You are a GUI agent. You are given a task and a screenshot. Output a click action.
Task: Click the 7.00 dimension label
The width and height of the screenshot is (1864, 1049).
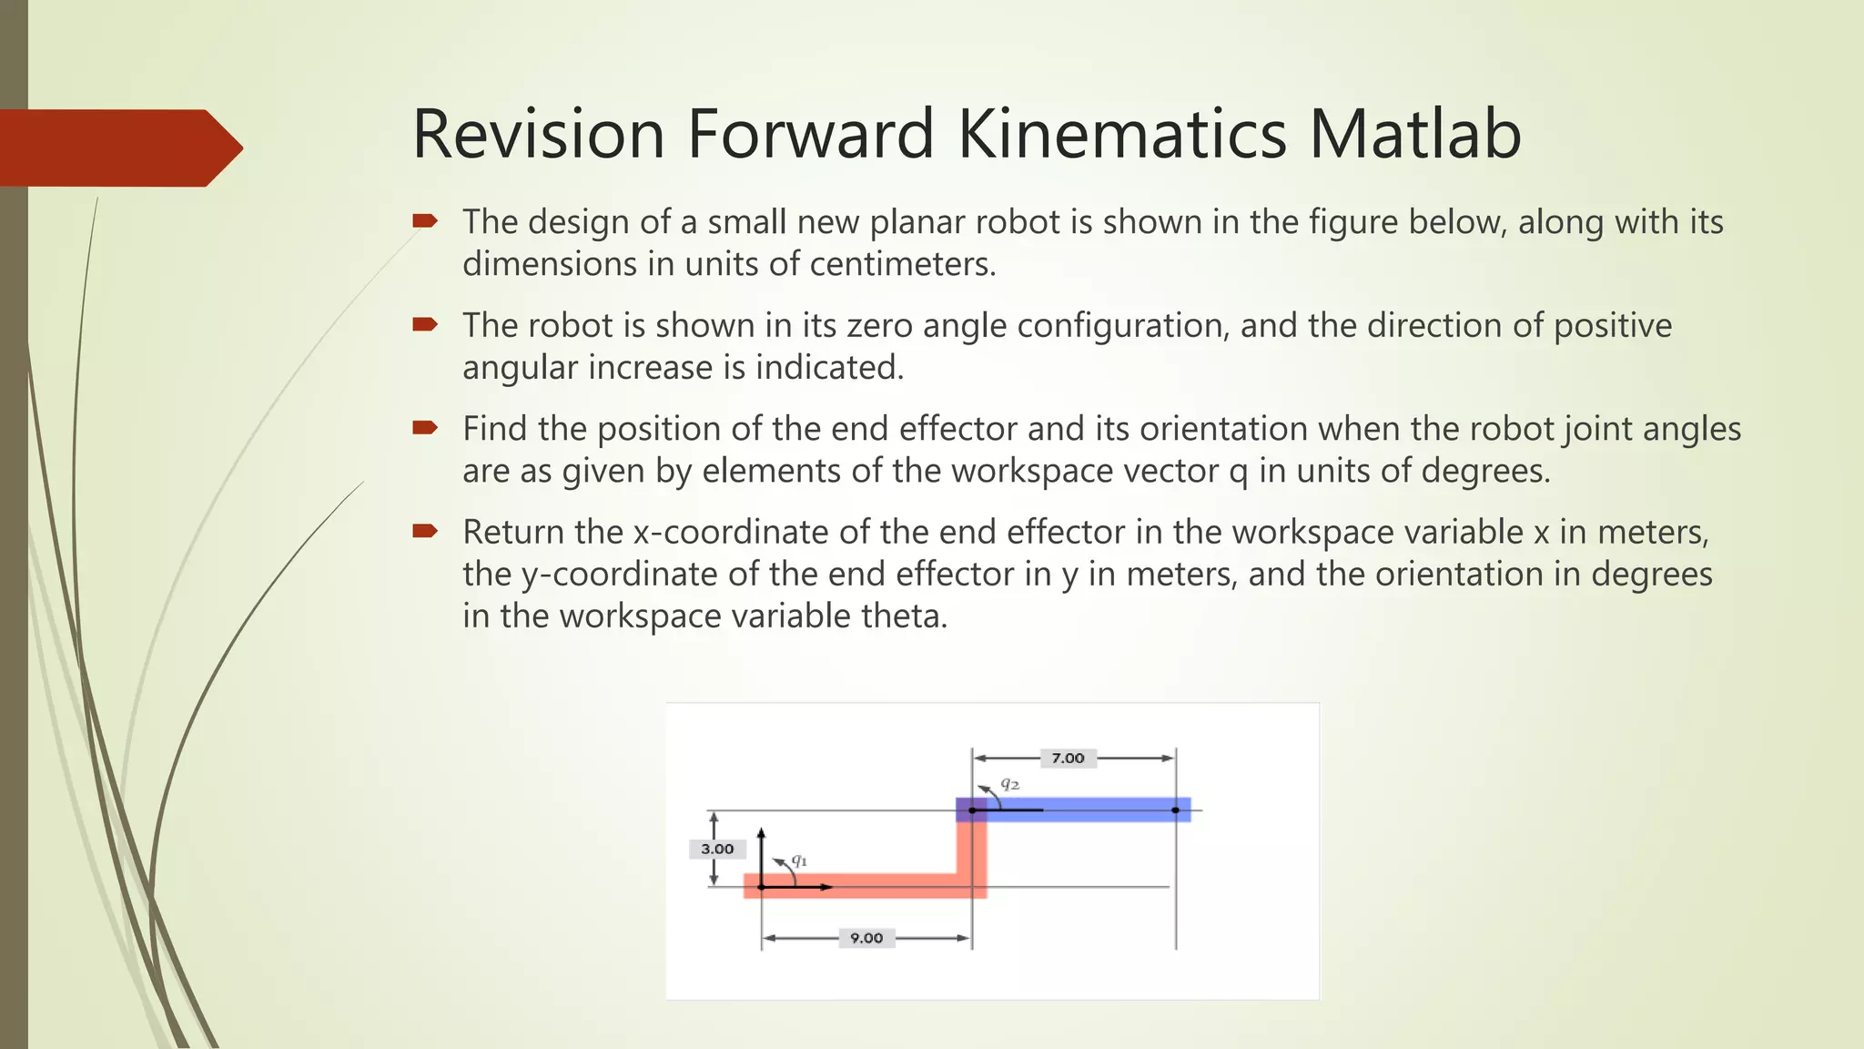[x=1068, y=758]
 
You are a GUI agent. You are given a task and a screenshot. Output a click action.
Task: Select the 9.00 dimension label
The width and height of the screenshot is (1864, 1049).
[x=866, y=938]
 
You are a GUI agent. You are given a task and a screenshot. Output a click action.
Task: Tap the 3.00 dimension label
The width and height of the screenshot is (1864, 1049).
[x=717, y=849]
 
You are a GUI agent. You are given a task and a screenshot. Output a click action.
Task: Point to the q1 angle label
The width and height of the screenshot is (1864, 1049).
[x=799, y=860]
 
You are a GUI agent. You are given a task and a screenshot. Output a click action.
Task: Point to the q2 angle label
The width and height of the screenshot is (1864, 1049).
[x=1009, y=783]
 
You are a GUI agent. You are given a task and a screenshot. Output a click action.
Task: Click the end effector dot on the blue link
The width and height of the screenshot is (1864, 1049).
[x=1175, y=810]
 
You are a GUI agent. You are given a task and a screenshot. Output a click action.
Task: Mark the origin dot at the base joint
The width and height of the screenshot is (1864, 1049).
[x=762, y=887]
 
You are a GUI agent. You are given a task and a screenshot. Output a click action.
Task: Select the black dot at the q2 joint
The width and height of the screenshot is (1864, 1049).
[x=972, y=810]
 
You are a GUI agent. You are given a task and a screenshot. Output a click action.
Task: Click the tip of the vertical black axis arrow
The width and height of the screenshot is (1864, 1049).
[x=762, y=830]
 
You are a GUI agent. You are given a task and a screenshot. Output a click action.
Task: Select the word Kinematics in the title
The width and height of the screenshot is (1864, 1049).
[x=1121, y=134]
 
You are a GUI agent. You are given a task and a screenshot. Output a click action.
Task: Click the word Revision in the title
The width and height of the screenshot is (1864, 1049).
[x=539, y=134]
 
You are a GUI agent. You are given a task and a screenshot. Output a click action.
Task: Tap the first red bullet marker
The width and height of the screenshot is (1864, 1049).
[x=425, y=220]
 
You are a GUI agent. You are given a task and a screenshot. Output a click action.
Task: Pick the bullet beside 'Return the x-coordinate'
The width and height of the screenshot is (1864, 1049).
[x=425, y=531]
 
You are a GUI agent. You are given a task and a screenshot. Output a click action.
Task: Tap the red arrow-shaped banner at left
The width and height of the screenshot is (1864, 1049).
[x=118, y=148]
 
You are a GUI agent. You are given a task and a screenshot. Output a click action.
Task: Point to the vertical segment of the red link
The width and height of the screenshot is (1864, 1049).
[x=972, y=847]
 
